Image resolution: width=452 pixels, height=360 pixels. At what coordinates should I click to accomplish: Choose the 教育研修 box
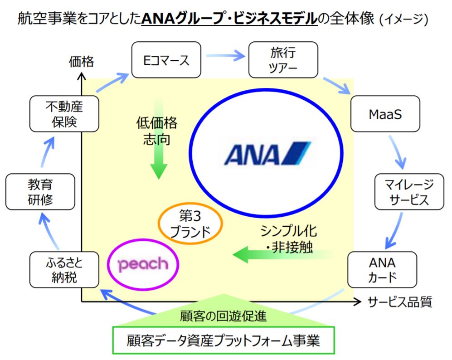pos(40,192)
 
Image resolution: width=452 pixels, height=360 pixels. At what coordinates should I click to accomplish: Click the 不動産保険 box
pos(64,114)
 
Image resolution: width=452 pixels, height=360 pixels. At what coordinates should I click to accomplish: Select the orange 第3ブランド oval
pos(190,223)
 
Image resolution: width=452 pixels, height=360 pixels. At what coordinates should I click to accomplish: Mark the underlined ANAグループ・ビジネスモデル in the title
pos(229,19)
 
